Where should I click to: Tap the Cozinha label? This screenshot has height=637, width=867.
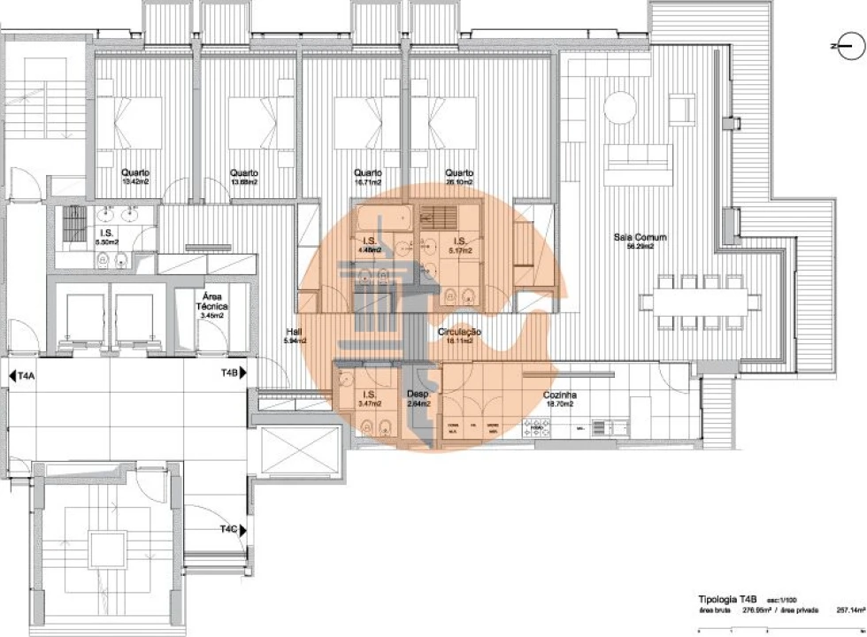561,395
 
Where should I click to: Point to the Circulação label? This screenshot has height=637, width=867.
459,332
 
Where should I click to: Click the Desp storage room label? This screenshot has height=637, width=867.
418,395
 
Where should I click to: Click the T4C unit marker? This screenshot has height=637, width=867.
229,529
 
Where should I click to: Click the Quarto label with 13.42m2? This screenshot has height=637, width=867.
136,173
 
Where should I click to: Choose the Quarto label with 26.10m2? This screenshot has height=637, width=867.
459,173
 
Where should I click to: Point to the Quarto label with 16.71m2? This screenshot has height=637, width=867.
367,173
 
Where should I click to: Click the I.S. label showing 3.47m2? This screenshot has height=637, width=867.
368,395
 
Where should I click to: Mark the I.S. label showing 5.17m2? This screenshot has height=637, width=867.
460,241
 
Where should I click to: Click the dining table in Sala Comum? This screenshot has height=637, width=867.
700,299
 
